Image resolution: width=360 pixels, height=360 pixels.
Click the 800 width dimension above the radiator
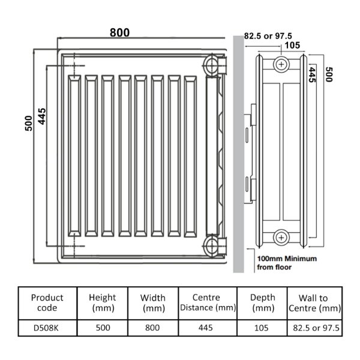coord(119,32)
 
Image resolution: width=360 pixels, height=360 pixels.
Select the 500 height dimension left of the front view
coord(28,124)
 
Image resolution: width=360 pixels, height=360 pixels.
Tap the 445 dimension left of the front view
coord(42,116)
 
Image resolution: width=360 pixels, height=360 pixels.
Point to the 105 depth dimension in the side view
coord(292,45)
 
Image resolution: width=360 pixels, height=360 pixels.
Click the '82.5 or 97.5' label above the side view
coord(268,36)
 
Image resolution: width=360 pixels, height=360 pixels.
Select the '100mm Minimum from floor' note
coord(287,263)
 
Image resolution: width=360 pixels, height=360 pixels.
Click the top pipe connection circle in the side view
coord(281,65)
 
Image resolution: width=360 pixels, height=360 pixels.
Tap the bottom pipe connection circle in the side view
coord(281,238)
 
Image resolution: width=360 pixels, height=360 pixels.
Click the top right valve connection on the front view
coord(214,65)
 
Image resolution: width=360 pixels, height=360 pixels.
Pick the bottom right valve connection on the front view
coord(214,246)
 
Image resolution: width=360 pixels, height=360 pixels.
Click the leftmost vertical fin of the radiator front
coord(74,156)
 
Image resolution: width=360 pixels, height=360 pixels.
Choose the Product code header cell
coord(47,303)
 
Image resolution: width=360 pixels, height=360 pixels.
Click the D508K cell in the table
coord(46,328)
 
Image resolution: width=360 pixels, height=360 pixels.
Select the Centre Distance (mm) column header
coord(208,303)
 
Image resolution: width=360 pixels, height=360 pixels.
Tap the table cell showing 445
coord(206,328)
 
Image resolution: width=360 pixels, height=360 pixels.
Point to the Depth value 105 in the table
coord(262,328)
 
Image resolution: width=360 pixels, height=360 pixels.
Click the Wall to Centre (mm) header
coord(314,303)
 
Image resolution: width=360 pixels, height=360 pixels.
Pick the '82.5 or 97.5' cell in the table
coord(316,328)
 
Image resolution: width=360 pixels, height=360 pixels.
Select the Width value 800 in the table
coord(152,328)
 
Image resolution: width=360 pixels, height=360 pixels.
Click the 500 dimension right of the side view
coord(329,74)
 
